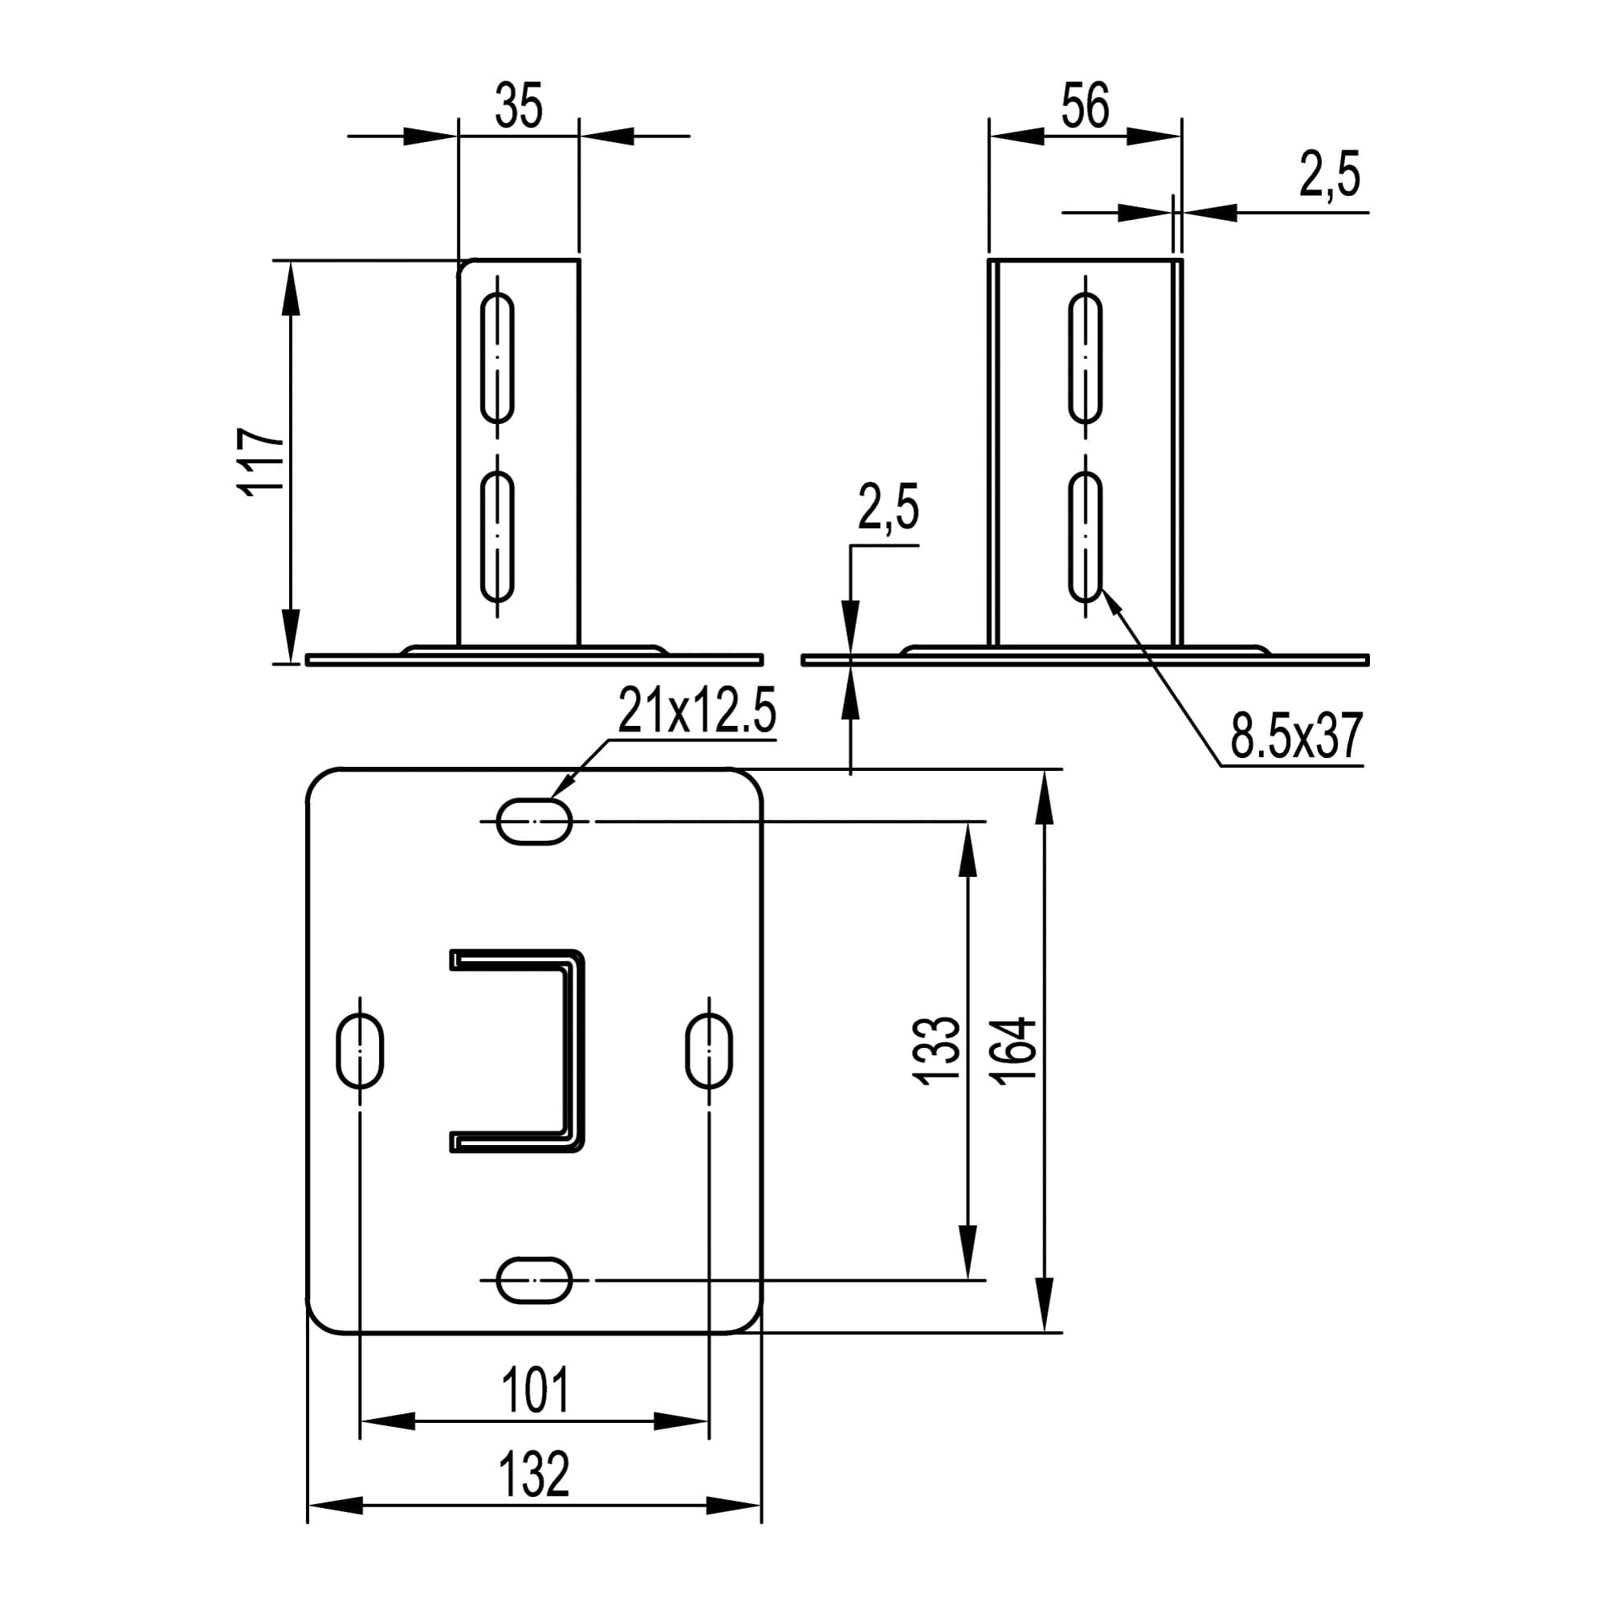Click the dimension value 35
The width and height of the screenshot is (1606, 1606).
coord(519,105)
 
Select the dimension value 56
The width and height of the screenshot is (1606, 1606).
coord(1085,105)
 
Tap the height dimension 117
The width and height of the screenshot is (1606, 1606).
coord(261,463)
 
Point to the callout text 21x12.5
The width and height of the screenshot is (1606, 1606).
coord(696,711)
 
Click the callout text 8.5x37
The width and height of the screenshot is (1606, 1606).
coord(1297,736)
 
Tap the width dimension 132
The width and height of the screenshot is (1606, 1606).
coord(535,1473)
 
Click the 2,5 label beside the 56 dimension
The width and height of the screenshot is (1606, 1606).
coord(1330,175)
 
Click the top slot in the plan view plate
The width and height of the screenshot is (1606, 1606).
coord(535,821)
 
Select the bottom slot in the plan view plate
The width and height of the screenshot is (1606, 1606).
coord(535,1280)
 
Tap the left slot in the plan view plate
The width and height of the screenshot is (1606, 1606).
coord(360,1050)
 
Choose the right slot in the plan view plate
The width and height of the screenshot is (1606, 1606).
coord(709,1050)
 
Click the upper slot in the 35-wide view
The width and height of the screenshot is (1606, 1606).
coord(498,357)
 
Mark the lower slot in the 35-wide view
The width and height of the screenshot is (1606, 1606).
coord(498,536)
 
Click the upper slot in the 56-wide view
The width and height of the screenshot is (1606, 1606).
coord(1086,357)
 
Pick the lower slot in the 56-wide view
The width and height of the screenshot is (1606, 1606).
coord(1086,536)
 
